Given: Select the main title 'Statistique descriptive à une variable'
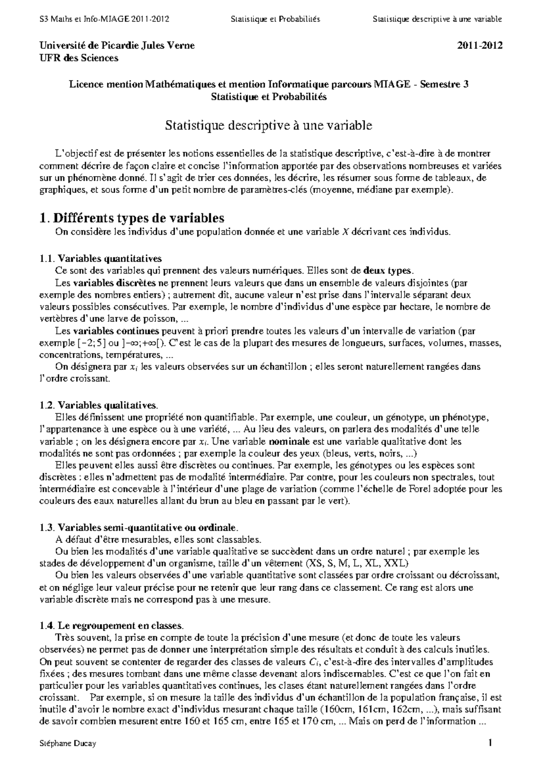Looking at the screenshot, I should pyautogui.click(x=268, y=125).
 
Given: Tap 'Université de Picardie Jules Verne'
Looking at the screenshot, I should pyautogui.click(x=117, y=46).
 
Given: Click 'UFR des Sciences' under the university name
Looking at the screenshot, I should pyautogui.click(x=79, y=58).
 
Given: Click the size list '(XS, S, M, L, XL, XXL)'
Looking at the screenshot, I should pyautogui.click(x=357, y=564).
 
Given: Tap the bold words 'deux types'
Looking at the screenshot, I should pyautogui.click(x=388, y=271).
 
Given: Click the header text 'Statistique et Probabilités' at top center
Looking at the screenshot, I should pyautogui.click(x=275, y=19).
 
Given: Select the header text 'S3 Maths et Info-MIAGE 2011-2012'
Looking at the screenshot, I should pyautogui.click(x=105, y=19).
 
